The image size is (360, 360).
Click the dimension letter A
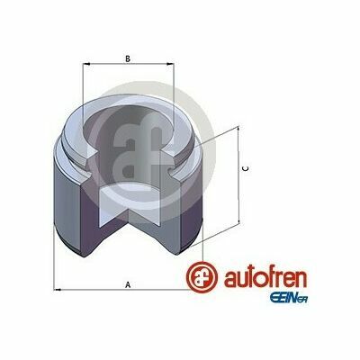[x=128, y=284]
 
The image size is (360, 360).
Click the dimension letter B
[x=128, y=58]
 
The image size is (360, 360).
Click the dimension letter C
[x=246, y=169]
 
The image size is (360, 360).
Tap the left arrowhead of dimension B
[x=86, y=64]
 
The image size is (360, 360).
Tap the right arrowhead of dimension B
[x=170, y=64]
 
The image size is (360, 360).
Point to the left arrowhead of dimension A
[x=58, y=290]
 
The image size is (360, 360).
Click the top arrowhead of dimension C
[x=238, y=130]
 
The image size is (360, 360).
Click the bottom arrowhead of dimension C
[x=238, y=220]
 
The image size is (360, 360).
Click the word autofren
[x=265, y=278]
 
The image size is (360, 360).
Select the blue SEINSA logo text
[x=289, y=298]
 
